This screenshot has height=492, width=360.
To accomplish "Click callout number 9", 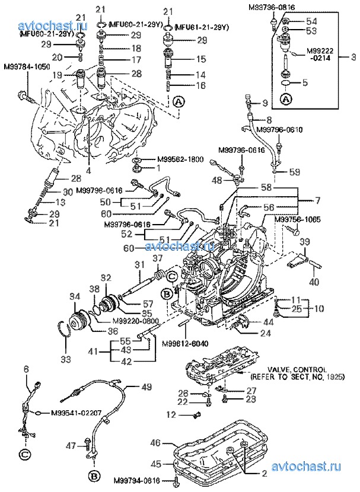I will pos(265,103).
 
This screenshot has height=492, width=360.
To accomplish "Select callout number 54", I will pos(311,21).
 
